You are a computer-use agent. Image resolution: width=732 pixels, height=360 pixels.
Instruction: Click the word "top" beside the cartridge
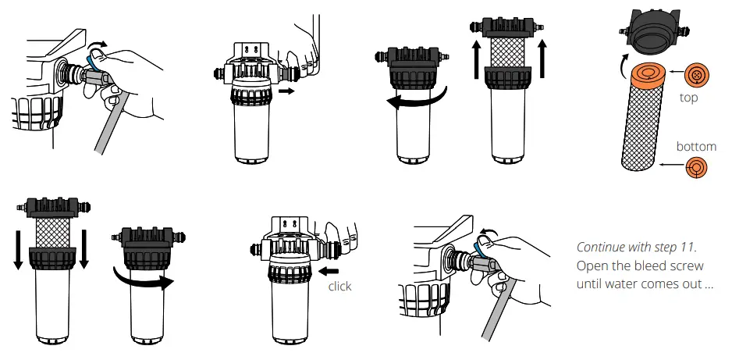point(688,98)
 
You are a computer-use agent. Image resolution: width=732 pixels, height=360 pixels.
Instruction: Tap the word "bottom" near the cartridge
point(696,146)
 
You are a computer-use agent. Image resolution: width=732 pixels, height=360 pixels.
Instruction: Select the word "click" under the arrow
point(339,287)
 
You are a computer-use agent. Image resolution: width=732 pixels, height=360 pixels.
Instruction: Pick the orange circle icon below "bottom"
point(695,167)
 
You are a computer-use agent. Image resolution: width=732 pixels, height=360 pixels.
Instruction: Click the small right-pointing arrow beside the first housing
point(286,91)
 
